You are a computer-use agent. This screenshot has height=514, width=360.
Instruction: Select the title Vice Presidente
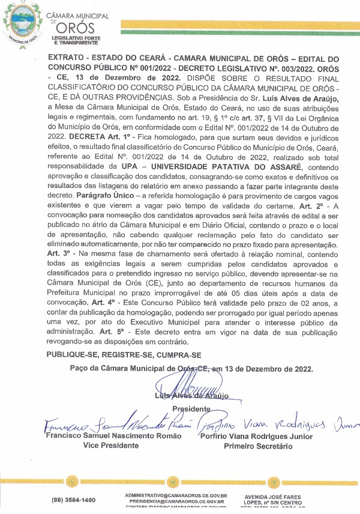click(110, 446)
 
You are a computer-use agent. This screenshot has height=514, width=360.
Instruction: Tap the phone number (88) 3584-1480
click(73, 500)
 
